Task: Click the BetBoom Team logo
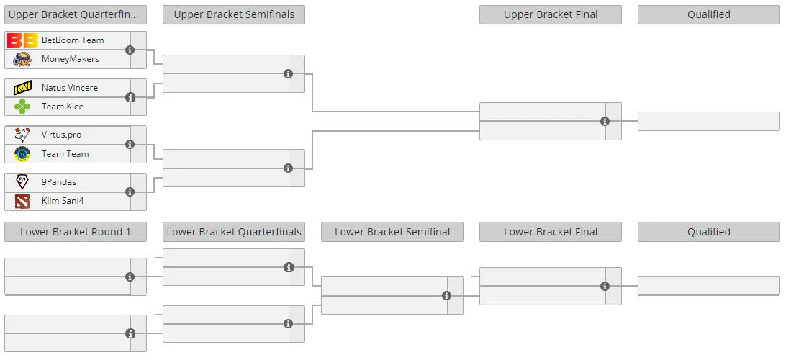[22, 40]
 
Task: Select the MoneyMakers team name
[70, 59]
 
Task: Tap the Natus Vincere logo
[22, 88]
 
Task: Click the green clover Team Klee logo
[22, 107]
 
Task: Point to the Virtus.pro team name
[61, 135]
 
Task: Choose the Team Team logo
[22, 153]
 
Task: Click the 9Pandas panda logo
[22, 181]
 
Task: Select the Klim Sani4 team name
[63, 201]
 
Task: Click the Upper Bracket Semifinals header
[234, 14]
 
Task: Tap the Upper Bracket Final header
[551, 14]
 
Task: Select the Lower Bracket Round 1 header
[76, 232]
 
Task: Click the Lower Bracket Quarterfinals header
[234, 232]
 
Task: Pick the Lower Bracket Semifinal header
[392, 232]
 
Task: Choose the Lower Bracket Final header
[551, 232]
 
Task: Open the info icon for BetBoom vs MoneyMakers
[130, 50]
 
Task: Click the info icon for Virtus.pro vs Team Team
[130, 145]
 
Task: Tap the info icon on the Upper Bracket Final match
[605, 121]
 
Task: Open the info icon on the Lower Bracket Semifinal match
[446, 295]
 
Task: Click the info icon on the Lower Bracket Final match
[605, 287]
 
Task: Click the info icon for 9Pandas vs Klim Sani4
[130, 192]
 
